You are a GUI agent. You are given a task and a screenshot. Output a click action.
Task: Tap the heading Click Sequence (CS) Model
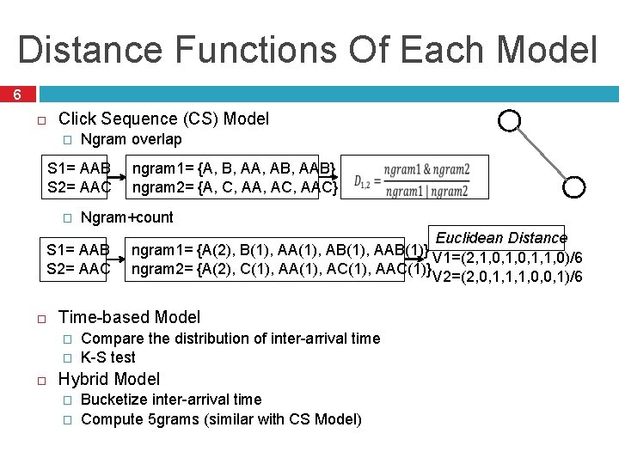(x=163, y=119)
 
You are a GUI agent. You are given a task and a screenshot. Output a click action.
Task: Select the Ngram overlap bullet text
(x=131, y=139)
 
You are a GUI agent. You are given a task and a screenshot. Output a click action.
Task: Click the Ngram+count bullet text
(x=126, y=217)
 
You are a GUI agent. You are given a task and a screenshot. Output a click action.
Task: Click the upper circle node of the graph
(x=510, y=120)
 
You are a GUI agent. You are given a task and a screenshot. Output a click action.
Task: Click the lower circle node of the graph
(x=577, y=186)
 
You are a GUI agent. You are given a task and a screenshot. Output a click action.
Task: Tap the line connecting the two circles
(x=543, y=153)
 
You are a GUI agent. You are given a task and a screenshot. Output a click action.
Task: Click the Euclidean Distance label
(x=501, y=238)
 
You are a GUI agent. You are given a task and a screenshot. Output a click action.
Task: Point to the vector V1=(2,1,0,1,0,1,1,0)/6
(x=507, y=257)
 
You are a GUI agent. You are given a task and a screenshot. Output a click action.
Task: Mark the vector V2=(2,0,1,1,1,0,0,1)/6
(x=507, y=276)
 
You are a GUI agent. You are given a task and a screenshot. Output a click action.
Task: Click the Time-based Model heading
(x=129, y=317)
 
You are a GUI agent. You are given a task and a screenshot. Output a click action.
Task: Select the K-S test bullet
(x=107, y=357)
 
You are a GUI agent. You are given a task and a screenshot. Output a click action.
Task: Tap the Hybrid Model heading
(x=108, y=379)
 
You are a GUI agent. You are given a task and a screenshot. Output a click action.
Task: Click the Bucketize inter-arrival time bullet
(x=170, y=399)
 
